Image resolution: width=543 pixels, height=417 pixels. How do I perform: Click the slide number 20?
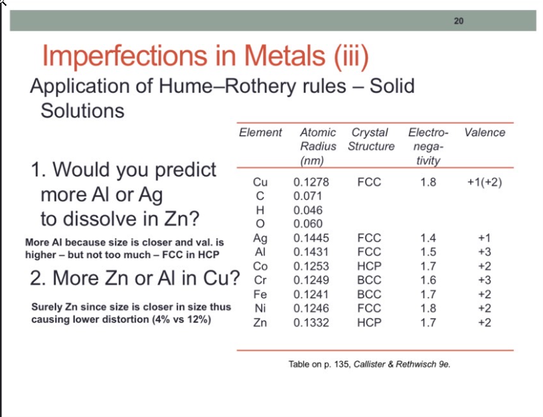pyautogui.click(x=459, y=21)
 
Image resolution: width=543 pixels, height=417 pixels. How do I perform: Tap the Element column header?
pyautogui.click(x=260, y=133)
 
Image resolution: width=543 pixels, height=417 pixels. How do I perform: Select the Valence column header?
pyautogui.click(x=485, y=133)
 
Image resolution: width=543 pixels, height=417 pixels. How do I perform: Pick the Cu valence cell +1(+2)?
pyautogui.click(x=485, y=182)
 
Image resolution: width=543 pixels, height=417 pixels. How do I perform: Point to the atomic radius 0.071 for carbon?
pyautogui.click(x=307, y=196)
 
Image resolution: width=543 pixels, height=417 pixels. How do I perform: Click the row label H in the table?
pyautogui.click(x=260, y=210)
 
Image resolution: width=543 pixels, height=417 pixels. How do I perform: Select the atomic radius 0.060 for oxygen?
pyautogui.click(x=307, y=224)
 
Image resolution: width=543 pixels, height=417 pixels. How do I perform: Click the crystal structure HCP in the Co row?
pyautogui.click(x=369, y=266)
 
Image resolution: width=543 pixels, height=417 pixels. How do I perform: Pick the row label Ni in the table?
pyautogui.click(x=260, y=308)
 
